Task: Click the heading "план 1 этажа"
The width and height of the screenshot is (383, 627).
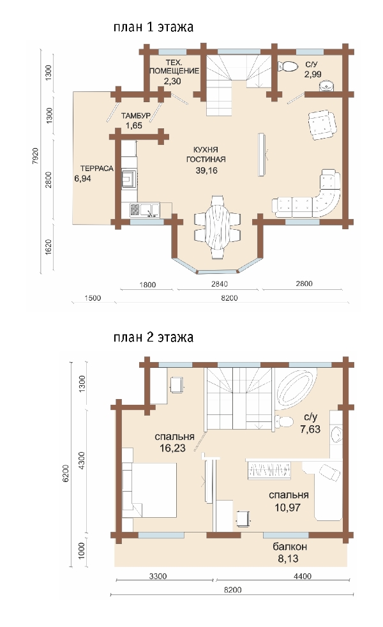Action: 154,27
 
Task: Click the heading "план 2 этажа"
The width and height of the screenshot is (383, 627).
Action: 154,337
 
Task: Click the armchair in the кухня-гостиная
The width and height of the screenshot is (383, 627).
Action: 322,125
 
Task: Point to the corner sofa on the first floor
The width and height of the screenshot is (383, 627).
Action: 316,198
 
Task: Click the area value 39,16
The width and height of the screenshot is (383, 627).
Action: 206,170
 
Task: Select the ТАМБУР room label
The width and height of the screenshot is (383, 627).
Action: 136,116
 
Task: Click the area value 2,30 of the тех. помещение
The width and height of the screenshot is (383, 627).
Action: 172,81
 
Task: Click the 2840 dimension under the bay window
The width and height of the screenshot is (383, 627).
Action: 220,284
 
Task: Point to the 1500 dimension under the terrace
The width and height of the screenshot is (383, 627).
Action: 93,298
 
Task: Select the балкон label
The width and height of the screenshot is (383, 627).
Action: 290,546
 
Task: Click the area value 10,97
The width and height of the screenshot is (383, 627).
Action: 287,508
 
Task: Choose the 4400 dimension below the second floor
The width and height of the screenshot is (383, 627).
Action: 303,576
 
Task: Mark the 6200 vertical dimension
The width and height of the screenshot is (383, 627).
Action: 66,474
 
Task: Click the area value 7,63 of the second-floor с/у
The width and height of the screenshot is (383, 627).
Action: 310,429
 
